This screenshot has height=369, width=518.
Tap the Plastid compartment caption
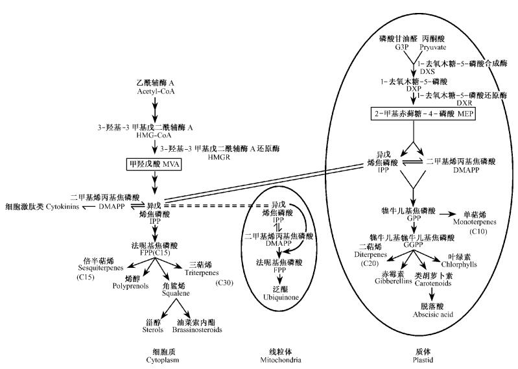[405, 359]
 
